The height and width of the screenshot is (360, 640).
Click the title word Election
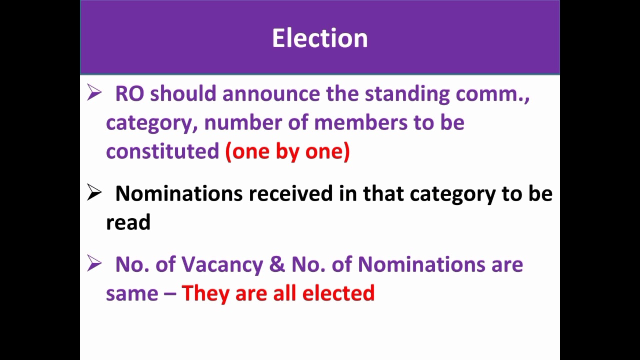tap(320, 38)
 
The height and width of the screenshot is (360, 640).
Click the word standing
tap(407, 93)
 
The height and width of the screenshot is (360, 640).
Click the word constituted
tap(162, 151)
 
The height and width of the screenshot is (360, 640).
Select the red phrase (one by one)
tap(287, 151)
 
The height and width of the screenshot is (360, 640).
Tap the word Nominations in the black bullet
tap(178, 193)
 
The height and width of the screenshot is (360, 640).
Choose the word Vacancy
tap(222, 264)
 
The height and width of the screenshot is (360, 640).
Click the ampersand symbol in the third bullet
tap(277, 264)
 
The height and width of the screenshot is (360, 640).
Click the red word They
tap(205, 293)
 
